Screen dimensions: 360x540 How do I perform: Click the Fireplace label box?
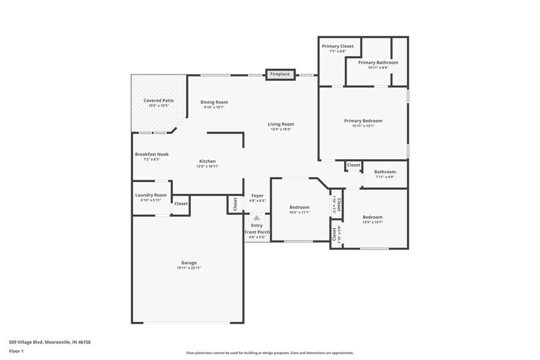280,75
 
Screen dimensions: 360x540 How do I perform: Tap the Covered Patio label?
159,100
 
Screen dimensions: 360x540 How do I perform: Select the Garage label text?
189,263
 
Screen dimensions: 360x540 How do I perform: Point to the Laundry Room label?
151,195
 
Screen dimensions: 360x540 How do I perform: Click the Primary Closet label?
337,46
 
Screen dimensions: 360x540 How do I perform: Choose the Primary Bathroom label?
378,62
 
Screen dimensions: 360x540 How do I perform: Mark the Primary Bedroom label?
362,121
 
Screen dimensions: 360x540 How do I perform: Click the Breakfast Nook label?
151,154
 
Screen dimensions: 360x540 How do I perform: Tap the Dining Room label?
214,102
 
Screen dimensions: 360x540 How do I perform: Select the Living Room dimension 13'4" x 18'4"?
280,129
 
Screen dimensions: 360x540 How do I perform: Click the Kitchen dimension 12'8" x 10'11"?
207,166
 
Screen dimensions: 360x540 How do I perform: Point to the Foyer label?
257,196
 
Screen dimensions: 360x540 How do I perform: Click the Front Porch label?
257,232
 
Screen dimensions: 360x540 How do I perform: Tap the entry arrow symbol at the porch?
257,217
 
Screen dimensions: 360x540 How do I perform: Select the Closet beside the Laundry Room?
181,203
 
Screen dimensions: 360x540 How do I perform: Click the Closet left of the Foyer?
235,204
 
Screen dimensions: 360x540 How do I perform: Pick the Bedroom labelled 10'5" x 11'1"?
299,208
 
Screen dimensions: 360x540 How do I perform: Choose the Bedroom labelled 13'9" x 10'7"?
372,217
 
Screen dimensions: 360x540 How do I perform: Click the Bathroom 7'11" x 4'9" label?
385,172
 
